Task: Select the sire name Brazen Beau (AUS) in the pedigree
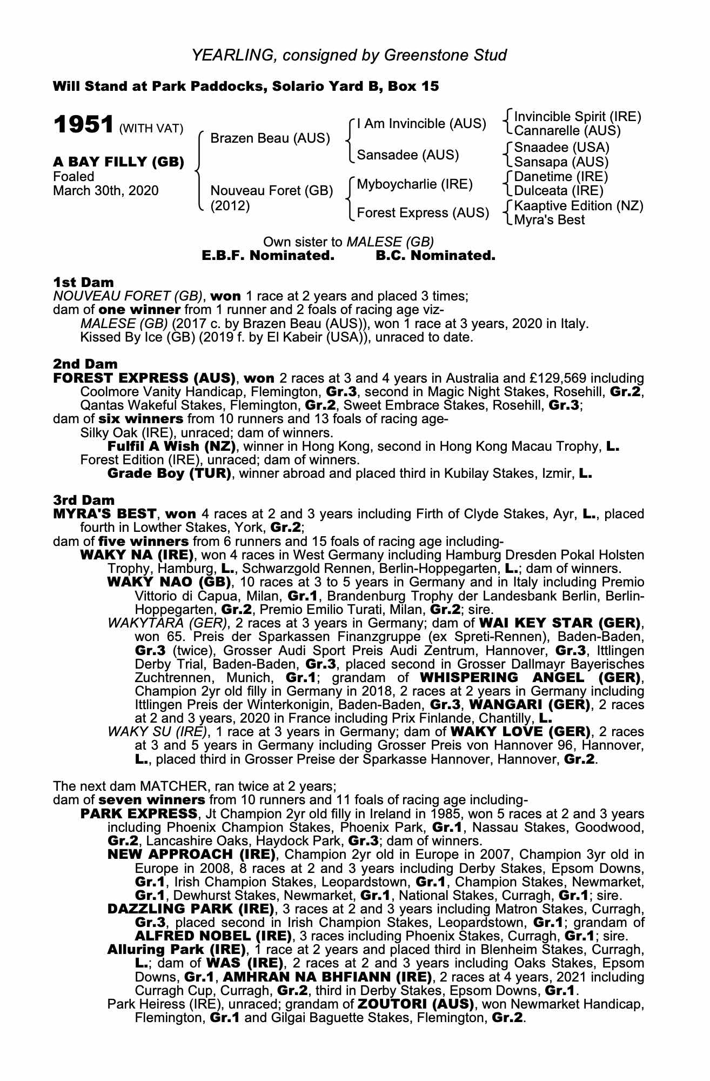click(270, 138)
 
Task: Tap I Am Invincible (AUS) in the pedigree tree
click(421, 124)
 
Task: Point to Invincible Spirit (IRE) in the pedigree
click(577, 117)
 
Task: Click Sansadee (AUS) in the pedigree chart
click(408, 155)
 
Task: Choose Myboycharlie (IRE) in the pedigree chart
click(414, 184)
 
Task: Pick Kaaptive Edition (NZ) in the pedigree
click(579, 206)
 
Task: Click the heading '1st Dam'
click(83, 282)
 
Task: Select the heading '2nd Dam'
click(85, 364)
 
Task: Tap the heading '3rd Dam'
click(84, 500)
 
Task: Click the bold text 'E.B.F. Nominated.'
click(268, 255)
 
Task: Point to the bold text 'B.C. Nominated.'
click(435, 255)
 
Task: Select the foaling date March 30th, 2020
click(105, 191)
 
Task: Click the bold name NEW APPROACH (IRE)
click(192, 855)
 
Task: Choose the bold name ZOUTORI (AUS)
click(415, 1004)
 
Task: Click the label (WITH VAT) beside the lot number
click(151, 129)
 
